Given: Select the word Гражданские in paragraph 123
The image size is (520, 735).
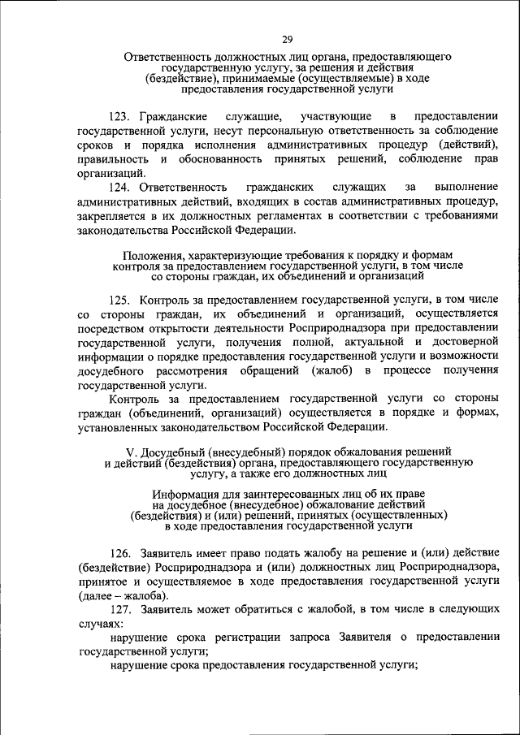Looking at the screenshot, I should coord(174,118).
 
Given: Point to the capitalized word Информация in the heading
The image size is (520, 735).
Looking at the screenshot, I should coord(185,494).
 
